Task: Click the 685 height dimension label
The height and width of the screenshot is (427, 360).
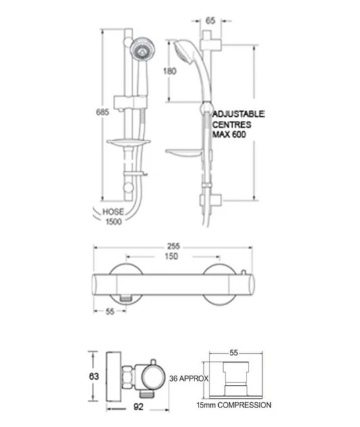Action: tap(103, 112)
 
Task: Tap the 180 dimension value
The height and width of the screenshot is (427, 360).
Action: tap(170, 71)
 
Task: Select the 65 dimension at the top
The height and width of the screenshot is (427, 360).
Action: tap(210, 20)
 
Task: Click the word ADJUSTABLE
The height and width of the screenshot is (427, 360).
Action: tap(238, 114)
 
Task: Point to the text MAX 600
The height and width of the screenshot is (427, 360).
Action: tap(229, 134)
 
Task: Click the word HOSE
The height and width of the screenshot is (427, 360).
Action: tap(113, 211)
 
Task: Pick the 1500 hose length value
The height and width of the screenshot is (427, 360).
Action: tap(113, 222)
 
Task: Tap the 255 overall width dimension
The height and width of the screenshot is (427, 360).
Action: tap(174, 246)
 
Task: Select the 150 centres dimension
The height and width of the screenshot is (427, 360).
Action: tap(172, 256)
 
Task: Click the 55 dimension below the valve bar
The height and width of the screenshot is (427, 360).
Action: tap(109, 311)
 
